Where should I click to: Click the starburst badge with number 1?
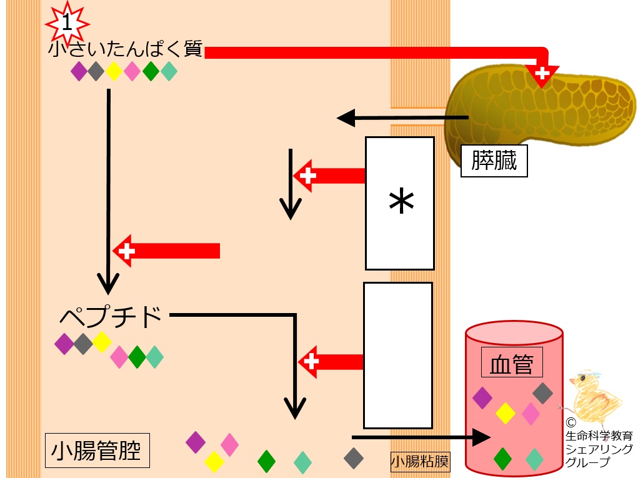pos(67,23)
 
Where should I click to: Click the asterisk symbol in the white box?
pos(401,201)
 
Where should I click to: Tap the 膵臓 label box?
pos(494,161)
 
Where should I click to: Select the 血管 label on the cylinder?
pos(512,362)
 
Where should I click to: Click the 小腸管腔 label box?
pos(97,451)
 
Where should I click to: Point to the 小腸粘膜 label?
pos(420,461)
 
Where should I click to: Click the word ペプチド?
pos(111,317)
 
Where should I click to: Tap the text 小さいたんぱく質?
pos(126,49)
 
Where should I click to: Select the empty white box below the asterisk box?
pos(398,356)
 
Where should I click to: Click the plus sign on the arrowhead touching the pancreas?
pos(542,73)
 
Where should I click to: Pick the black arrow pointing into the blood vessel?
pos(421,437)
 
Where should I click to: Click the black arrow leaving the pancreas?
pos(403,118)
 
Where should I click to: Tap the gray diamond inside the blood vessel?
pos(543,393)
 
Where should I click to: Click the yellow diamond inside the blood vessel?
pos(506,413)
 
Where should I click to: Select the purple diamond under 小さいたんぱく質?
pos(79,71)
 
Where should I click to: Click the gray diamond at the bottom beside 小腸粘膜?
pos(354,458)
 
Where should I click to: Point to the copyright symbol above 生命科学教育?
pos(571,422)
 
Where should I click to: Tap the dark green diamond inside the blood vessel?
pos(502,458)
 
